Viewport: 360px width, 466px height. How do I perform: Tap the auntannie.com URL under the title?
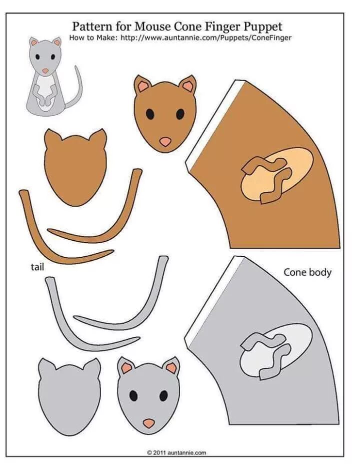(x=205, y=38)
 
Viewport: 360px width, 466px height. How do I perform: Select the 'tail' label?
(x=37, y=267)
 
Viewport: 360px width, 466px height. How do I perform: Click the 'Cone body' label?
(x=307, y=272)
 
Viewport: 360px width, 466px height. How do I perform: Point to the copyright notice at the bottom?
(x=176, y=452)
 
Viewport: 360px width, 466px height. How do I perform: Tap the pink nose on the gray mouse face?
(x=148, y=423)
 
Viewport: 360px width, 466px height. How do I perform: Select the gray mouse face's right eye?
(x=163, y=395)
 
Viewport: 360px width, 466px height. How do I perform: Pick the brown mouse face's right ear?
(x=188, y=86)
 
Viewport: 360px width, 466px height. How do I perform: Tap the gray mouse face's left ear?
(x=126, y=368)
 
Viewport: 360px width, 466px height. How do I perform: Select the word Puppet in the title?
(x=262, y=26)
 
